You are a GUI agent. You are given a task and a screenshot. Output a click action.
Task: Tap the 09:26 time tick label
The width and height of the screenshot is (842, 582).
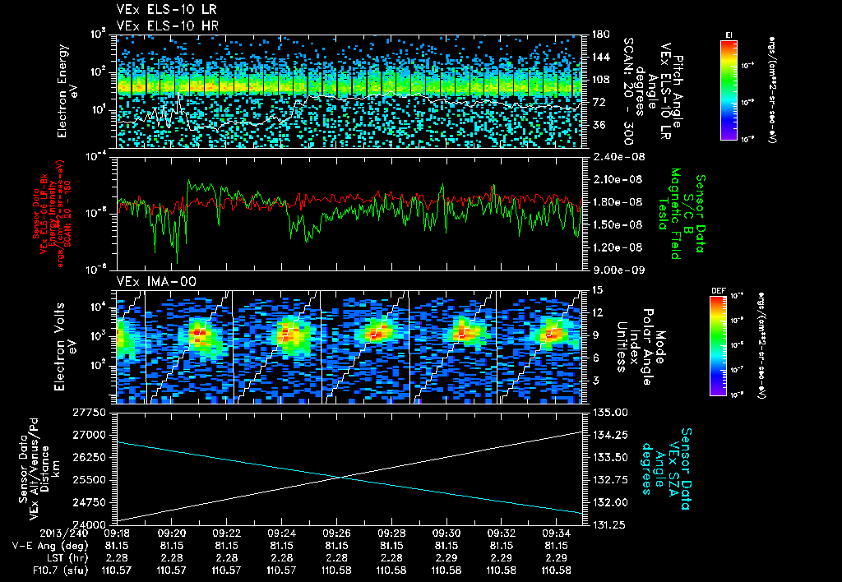(336, 533)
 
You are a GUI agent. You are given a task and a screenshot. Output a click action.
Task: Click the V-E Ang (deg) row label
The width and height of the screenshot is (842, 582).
(47, 545)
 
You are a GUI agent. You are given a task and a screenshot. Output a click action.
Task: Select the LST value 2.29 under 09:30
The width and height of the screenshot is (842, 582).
(446, 557)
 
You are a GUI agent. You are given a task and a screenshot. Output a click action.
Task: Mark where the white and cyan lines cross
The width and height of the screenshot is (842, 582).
(339, 478)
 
